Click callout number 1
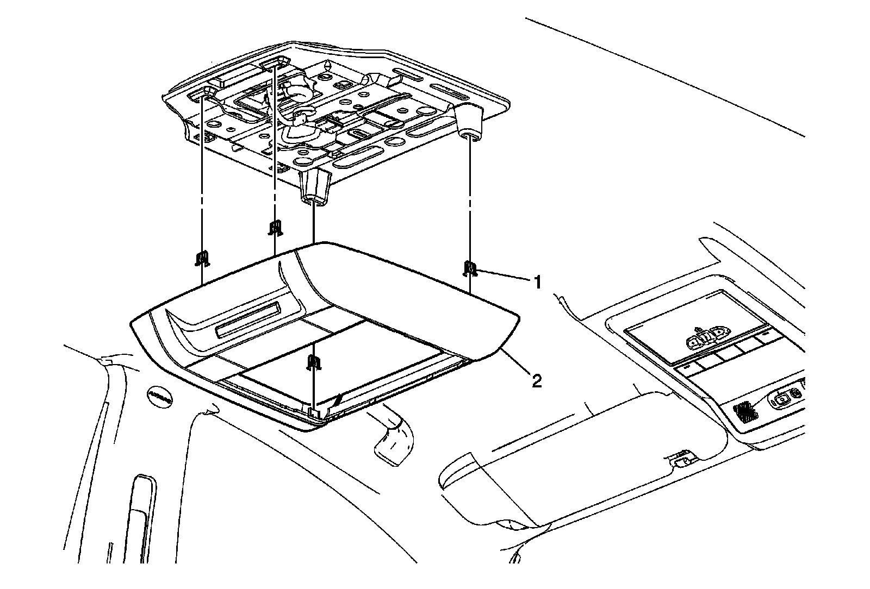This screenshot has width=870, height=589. [537, 282]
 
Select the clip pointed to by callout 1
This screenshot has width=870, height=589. [470, 268]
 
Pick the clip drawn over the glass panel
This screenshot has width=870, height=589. [313, 362]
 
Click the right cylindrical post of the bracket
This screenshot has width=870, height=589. [469, 123]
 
